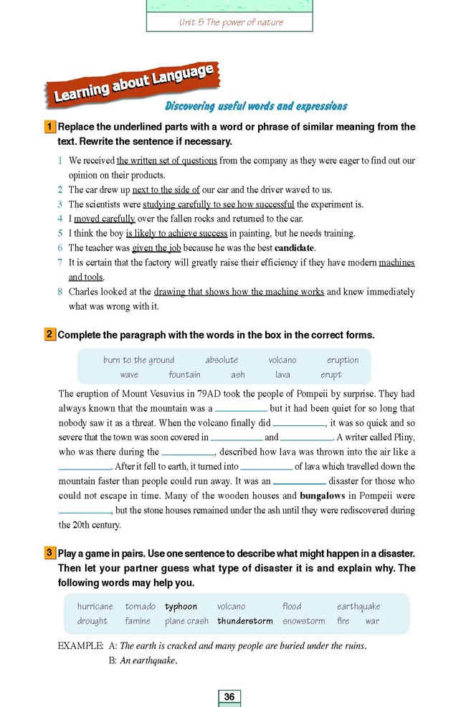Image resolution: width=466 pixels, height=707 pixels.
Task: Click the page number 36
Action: click(x=229, y=696)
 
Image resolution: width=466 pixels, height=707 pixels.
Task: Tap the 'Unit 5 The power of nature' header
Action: click(x=231, y=22)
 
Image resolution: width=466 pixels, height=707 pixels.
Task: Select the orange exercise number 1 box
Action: click(x=49, y=127)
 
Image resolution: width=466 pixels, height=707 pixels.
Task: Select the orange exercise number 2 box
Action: click(x=49, y=335)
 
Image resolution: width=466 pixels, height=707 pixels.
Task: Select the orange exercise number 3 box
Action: click(x=49, y=554)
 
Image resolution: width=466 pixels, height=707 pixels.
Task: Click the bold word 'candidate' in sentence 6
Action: click(x=295, y=248)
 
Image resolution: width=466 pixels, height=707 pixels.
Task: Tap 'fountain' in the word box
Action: click(x=184, y=374)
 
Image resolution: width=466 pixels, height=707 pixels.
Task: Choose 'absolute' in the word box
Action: click(x=222, y=360)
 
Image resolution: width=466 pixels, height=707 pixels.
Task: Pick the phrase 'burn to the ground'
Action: click(x=138, y=360)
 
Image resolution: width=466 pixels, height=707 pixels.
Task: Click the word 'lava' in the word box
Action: click(x=282, y=374)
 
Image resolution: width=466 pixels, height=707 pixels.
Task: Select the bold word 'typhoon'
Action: click(x=181, y=607)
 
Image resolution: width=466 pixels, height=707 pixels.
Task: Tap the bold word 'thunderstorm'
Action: click(x=245, y=621)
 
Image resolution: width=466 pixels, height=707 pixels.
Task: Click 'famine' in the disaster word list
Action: click(x=137, y=621)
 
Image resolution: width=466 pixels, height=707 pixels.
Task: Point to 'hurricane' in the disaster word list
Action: click(x=95, y=607)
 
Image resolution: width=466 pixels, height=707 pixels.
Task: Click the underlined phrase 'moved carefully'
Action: click(x=105, y=219)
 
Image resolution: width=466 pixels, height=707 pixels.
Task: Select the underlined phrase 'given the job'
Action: click(x=156, y=248)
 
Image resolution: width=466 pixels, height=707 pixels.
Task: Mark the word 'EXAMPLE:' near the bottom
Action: click(x=80, y=645)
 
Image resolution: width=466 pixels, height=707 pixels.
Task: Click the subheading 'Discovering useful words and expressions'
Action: click(x=256, y=106)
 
